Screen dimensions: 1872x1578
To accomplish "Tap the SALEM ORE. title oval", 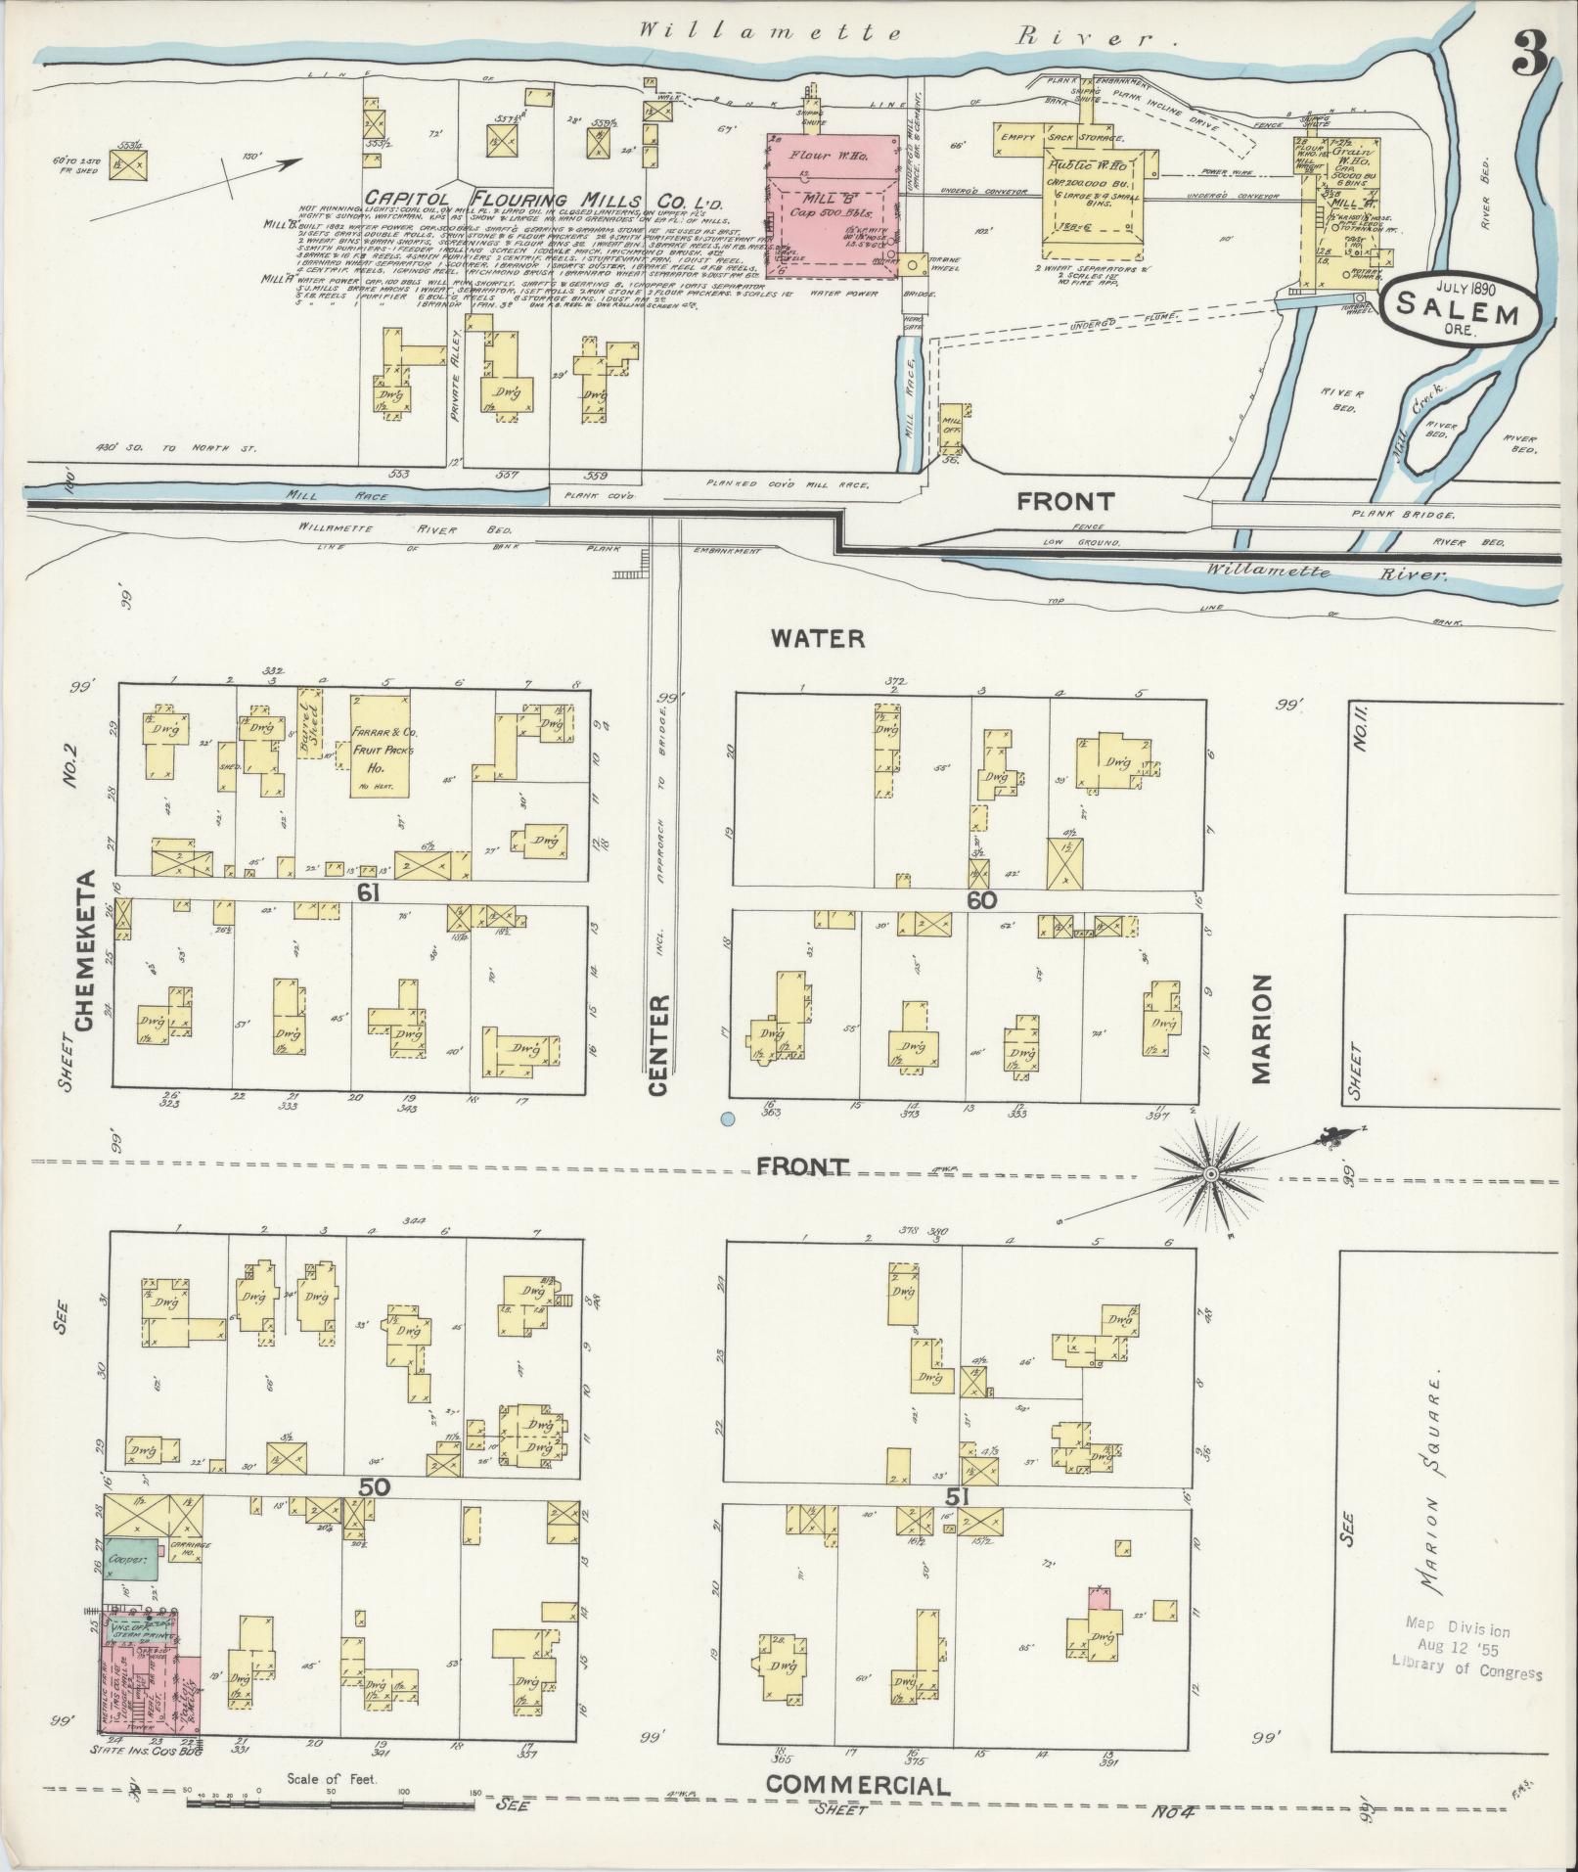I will pyautogui.click(x=1458, y=309).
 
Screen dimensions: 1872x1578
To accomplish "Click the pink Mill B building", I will pyautogui.click(x=833, y=206).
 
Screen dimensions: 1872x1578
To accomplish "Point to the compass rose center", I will pyautogui.click(x=1211, y=1173).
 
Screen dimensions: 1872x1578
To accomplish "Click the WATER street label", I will pyautogui.click(x=817, y=639).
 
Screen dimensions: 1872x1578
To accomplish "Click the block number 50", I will pyautogui.click(x=374, y=1514).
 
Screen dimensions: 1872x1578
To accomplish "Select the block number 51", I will pyautogui.click(x=958, y=1524).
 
